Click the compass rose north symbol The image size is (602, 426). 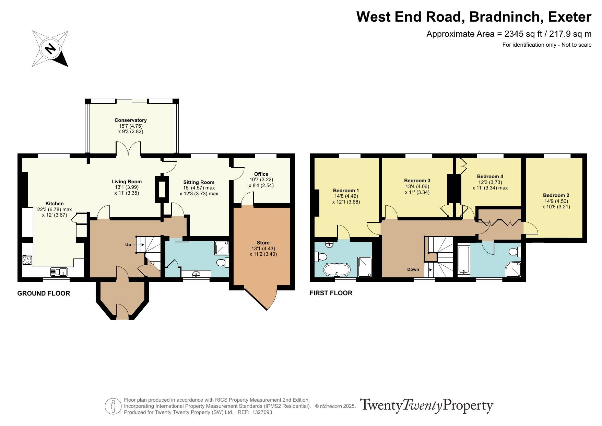[50, 48]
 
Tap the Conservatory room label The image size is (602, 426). [131, 120]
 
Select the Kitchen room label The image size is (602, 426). [55, 204]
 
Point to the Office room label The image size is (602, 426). [261, 174]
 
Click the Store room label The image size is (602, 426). [263, 243]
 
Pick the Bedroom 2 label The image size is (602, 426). [556, 195]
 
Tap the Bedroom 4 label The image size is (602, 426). [490, 176]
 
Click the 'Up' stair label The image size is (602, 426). [128, 245]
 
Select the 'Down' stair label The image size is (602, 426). [413, 269]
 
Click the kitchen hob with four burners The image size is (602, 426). [27, 260]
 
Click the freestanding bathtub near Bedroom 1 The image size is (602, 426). [337, 270]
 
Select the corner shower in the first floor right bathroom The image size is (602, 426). [513, 269]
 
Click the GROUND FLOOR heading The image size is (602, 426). [44, 293]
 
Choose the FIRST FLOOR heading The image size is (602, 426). [331, 293]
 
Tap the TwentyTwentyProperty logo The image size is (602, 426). [426, 406]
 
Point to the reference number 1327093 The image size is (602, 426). [262, 412]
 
